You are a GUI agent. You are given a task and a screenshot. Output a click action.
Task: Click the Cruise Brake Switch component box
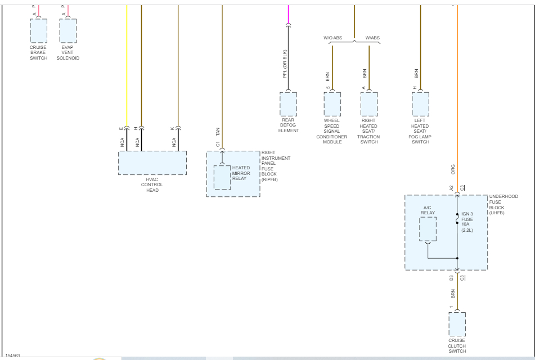(x=38, y=31)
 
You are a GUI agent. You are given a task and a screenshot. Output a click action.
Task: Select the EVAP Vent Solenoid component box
(x=68, y=31)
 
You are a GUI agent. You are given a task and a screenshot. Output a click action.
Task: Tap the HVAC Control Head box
(x=152, y=163)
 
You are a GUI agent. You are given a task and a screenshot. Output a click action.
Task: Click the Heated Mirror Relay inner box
(x=222, y=177)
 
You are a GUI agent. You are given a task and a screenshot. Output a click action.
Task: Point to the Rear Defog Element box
(x=288, y=104)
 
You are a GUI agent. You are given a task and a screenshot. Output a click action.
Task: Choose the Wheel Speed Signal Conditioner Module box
(x=332, y=104)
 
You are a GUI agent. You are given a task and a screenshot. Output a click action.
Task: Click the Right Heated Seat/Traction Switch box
(x=369, y=104)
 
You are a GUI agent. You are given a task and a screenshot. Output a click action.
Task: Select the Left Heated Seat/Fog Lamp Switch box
(x=420, y=104)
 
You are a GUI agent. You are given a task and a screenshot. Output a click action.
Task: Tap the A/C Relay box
(x=428, y=229)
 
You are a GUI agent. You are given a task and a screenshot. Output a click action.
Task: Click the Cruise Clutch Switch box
(x=457, y=324)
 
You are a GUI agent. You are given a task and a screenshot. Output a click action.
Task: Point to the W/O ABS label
(x=332, y=38)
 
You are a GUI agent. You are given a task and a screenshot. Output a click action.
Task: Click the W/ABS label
(x=372, y=38)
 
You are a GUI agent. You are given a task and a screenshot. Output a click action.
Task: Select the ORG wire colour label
(x=453, y=169)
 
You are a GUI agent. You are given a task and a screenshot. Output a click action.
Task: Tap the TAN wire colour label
(x=218, y=132)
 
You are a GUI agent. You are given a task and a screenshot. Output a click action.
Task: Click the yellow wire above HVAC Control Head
(x=127, y=67)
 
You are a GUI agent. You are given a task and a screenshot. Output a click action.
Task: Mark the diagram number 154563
(x=13, y=355)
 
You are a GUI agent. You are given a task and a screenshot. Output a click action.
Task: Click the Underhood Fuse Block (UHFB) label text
(x=503, y=205)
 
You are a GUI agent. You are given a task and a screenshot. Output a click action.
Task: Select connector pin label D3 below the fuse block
(x=451, y=278)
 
